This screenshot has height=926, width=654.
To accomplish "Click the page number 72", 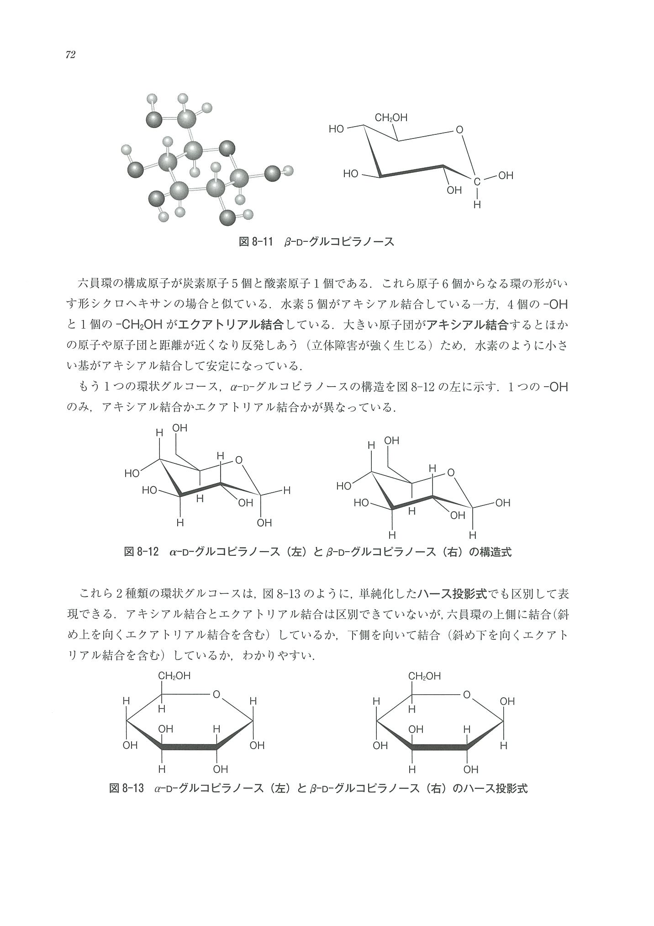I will (70, 55).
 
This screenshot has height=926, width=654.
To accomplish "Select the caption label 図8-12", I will (141, 552).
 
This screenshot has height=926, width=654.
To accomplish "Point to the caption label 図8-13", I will (127, 788).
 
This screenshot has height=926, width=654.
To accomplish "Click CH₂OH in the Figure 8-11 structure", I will (391, 118).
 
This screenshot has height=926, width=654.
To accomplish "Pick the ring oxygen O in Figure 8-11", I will (459, 130).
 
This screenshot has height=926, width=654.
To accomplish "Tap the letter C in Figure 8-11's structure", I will (477, 182).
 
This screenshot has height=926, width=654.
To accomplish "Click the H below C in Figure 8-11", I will (477, 205).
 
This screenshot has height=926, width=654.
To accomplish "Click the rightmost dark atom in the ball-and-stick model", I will (272, 174).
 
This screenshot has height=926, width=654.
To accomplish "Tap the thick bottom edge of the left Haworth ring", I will (189, 747).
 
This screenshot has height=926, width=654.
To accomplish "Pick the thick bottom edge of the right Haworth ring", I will (439, 747).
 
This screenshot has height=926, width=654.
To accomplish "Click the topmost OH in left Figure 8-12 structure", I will (180, 428).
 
